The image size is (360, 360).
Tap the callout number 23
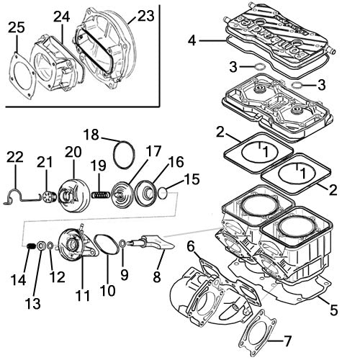(145, 15)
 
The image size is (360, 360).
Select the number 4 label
(192, 41)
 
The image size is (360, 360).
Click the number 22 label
(15, 158)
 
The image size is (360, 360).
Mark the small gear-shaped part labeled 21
(47, 197)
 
